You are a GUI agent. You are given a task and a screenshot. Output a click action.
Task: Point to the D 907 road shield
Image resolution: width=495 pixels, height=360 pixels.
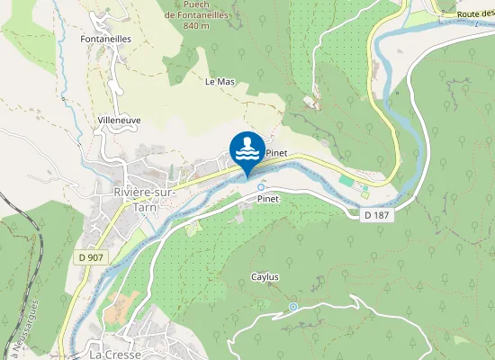pyautogui.click(x=90, y=257)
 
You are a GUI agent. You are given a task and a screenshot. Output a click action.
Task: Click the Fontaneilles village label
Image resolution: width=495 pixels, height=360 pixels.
pyautogui.click(x=106, y=40)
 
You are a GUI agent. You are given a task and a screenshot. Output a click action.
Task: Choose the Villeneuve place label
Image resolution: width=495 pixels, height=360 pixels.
pyautogui.click(x=118, y=119)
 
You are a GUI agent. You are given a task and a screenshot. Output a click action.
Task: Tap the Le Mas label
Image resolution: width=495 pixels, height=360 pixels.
pyautogui.click(x=220, y=82)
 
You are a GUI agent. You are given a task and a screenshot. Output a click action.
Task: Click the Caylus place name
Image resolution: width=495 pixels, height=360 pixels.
pyautogui.click(x=265, y=277)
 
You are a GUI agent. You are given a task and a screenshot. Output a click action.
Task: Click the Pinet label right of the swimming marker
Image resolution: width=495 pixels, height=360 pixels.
pyautogui.click(x=276, y=153)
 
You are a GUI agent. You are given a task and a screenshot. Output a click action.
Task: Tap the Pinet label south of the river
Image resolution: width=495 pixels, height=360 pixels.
pyautogui.click(x=269, y=198)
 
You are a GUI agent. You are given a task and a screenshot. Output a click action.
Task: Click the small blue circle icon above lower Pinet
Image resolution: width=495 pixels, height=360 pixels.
pyautogui.click(x=261, y=187)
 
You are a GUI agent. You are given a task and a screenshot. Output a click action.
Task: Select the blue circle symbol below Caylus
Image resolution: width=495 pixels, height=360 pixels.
pyautogui.click(x=292, y=308)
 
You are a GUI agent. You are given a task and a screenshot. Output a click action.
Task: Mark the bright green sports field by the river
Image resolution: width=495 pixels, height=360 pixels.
pyautogui.click(x=347, y=182)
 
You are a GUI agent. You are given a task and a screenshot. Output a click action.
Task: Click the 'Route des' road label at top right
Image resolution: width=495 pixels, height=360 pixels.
pyautogui.click(x=475, y=14)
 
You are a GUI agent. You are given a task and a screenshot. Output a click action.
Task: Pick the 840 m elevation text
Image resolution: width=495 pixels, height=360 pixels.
pyautogui.click(x=196, y=25)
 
